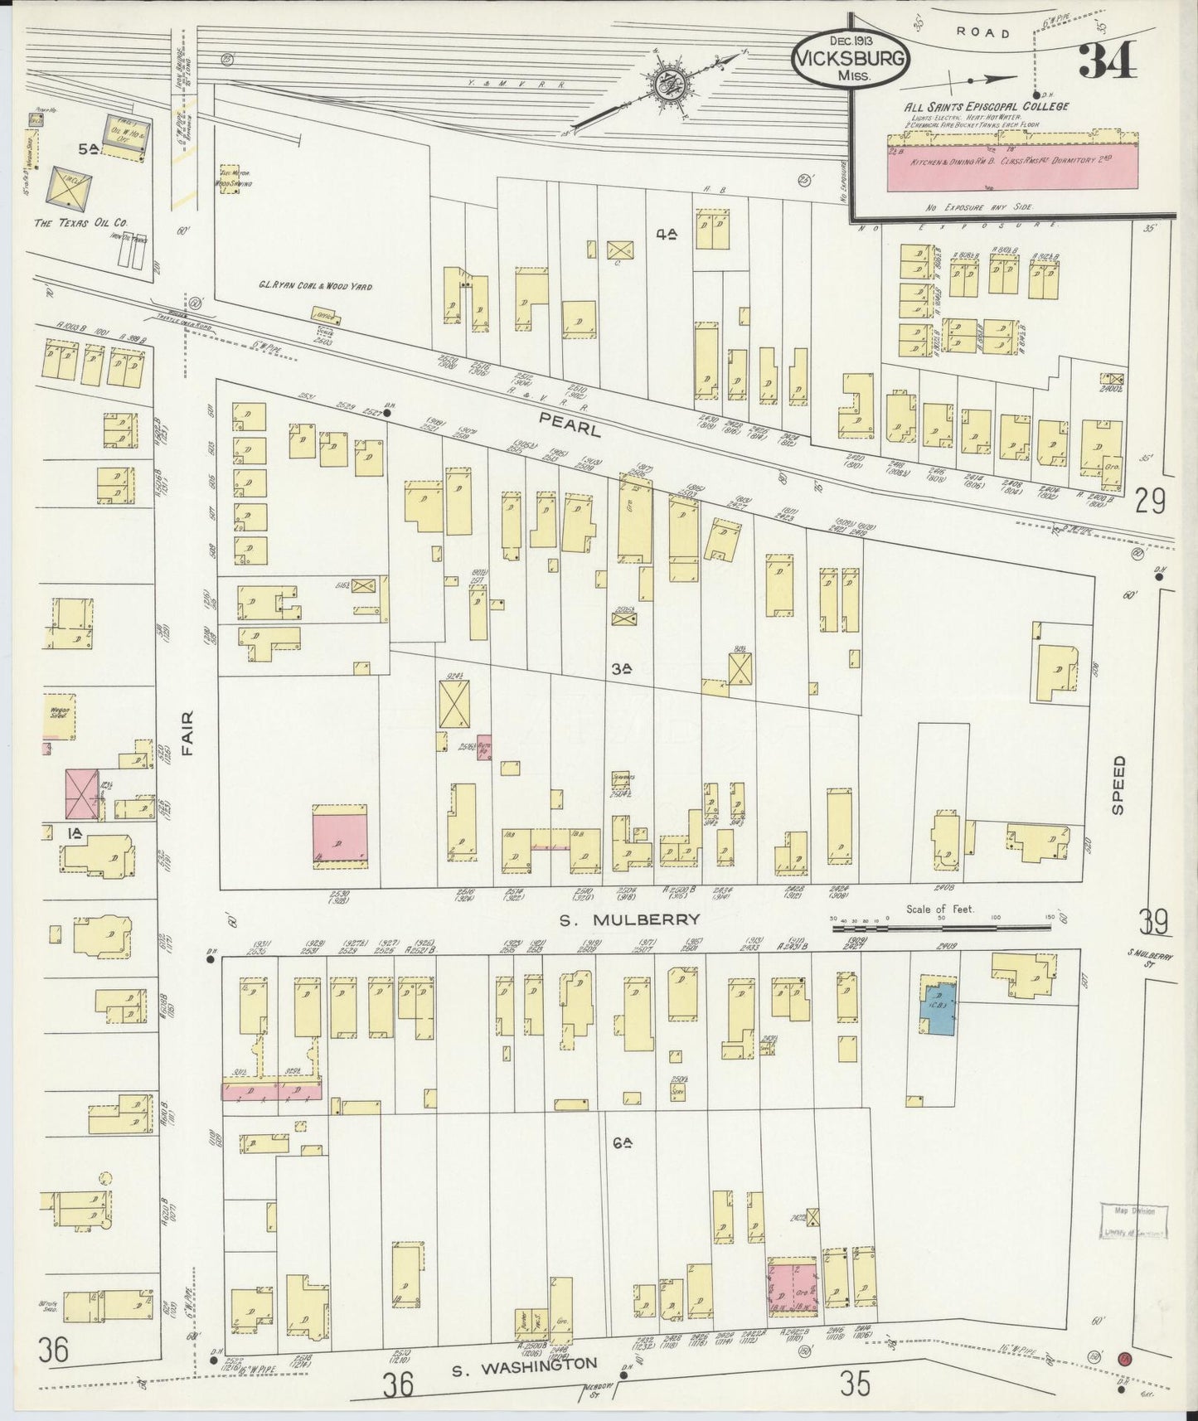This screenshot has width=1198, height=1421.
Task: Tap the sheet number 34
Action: pos(1107,60)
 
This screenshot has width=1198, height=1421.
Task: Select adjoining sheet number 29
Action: pos(1151,501)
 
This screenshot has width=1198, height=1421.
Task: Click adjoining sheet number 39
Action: pos(1153,921)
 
